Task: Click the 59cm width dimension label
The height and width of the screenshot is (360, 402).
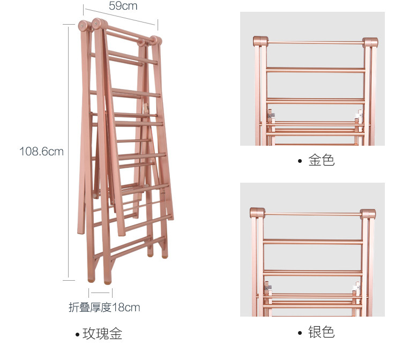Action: click(x=123, y=6)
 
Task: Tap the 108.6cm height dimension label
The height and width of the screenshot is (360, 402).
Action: click(x=41, y=152)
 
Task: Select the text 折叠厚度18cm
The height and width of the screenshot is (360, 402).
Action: click(x=104, y=307)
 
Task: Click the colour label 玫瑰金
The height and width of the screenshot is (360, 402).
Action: click(x=102, y=334)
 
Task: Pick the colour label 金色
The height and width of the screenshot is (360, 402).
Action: click(x=321, y=160)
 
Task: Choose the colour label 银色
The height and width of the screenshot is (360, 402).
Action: click(x=321, y=332)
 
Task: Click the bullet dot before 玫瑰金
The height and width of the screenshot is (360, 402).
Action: click(x=77, y=335)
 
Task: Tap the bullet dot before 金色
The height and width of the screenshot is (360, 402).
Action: click(x=300, y=161)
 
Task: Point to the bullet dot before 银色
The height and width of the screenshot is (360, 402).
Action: click(x=300, y=333)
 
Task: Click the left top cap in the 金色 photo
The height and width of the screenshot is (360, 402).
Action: click(x=260, y=42)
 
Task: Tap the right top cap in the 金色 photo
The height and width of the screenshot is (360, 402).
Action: click(x=370, y=43)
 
